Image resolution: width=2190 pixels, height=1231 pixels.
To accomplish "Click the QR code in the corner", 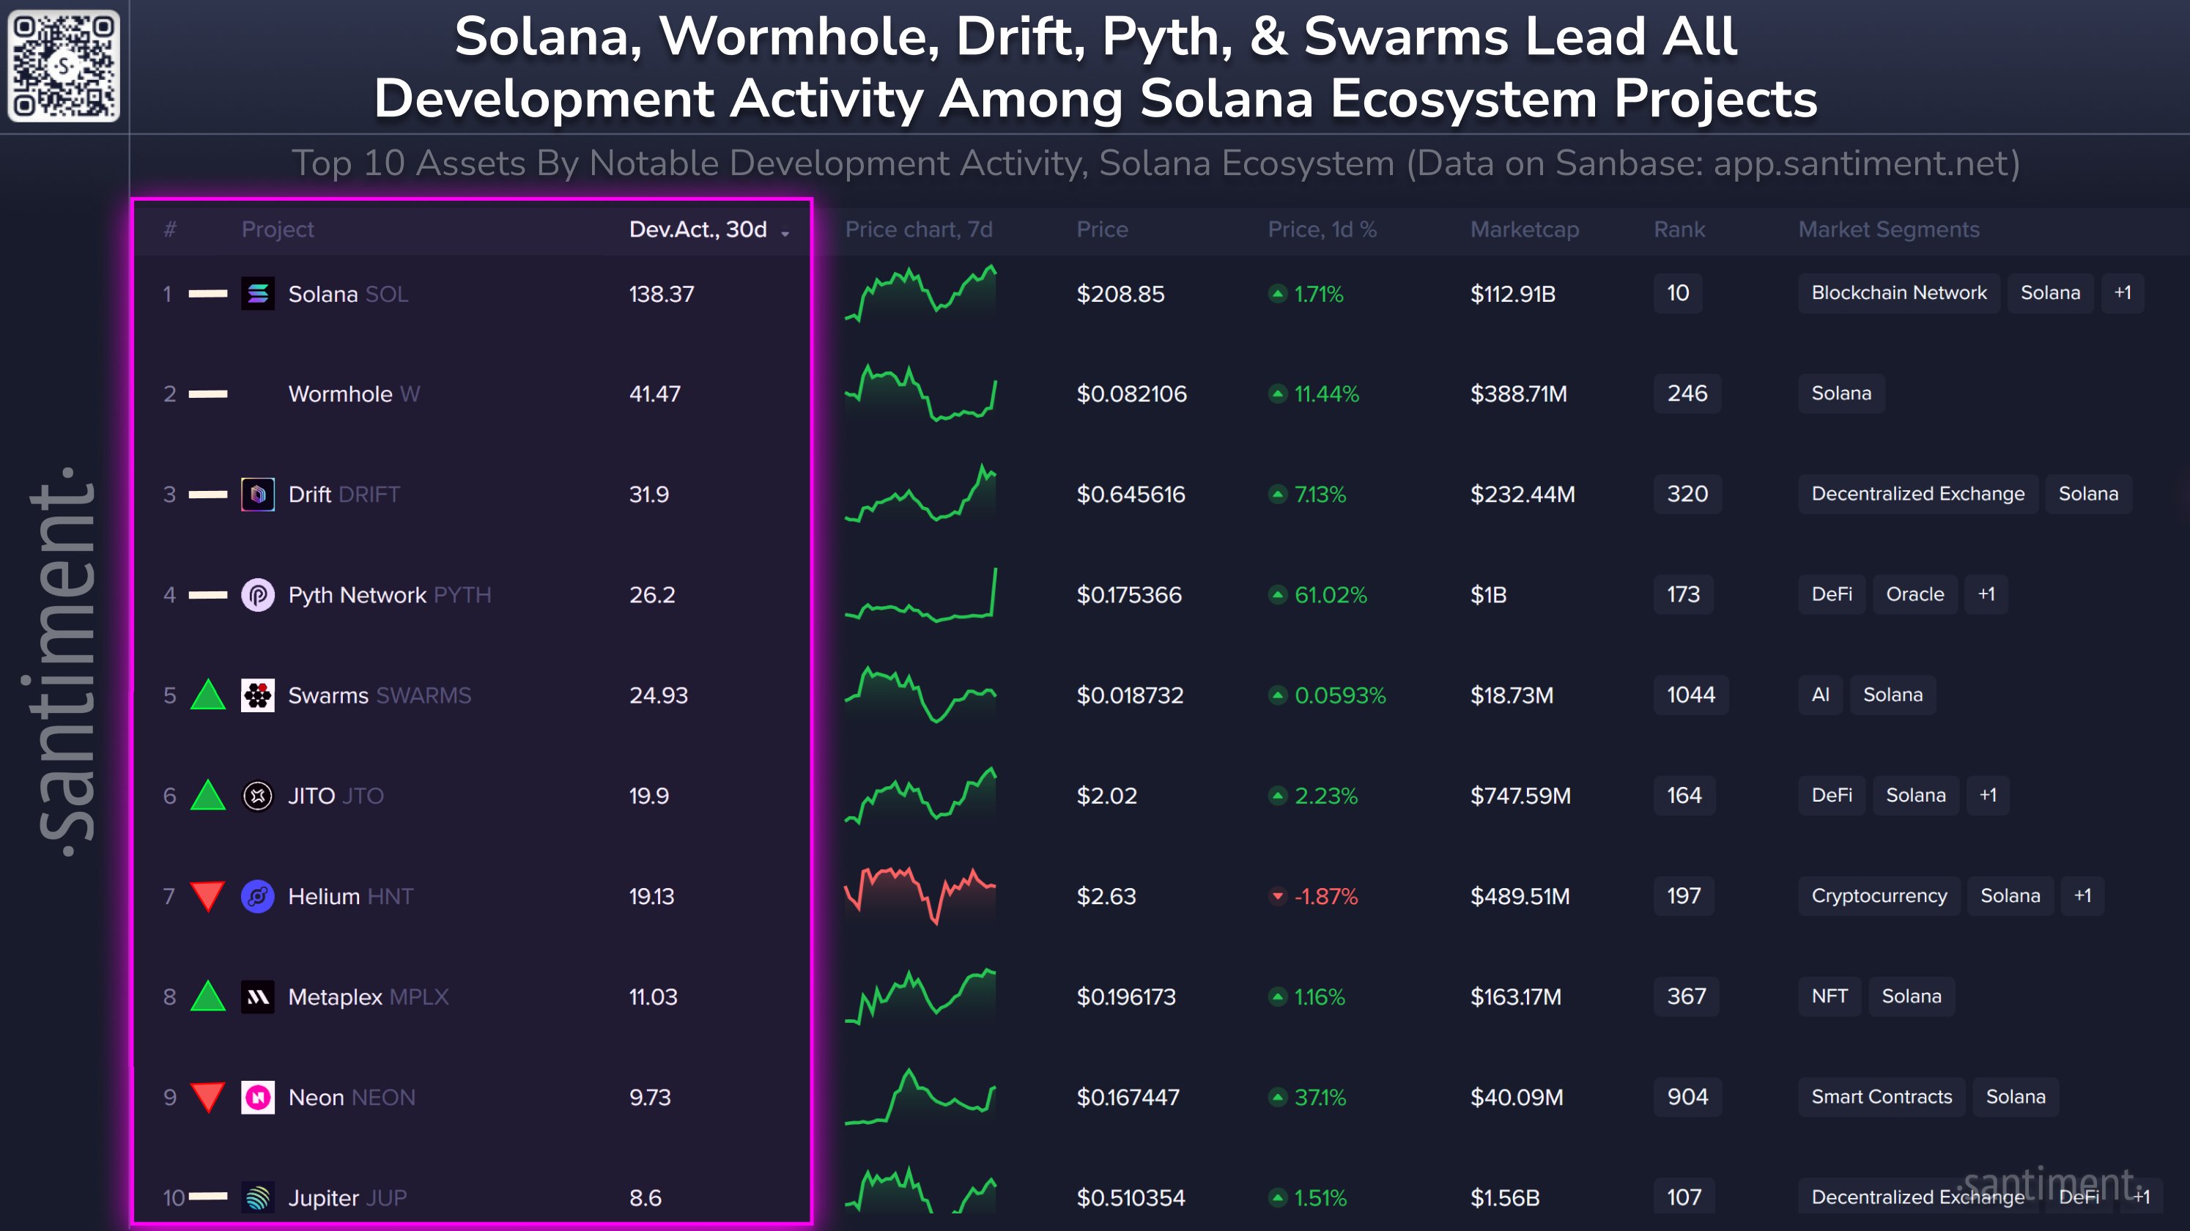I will tap(64, 65).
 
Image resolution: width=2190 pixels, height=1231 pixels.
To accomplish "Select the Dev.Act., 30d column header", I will tap(698, 229).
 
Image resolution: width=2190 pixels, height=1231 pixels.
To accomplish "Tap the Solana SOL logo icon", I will tap(258, 294).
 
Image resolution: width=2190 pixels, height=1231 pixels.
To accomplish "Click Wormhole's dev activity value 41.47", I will tap(654, 394).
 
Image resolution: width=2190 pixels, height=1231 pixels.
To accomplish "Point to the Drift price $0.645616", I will tap(1131, 495).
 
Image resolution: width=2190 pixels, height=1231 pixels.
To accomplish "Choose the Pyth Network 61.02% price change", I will tap(1330, 595).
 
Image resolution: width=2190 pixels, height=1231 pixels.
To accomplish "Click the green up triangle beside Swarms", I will tap(207, 695).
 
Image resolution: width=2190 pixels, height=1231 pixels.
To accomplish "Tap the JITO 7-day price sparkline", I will tap(920, 796).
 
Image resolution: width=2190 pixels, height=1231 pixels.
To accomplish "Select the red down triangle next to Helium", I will tap(207, 896).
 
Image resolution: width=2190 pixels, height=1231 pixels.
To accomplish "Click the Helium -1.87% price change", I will tap(1325, 896).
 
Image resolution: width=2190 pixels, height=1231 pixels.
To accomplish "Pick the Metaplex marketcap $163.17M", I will tap(1516, 997).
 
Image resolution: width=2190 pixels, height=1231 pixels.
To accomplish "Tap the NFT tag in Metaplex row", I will tap(1830, 997).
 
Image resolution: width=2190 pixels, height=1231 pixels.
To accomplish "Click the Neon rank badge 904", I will tap(1687, 1097).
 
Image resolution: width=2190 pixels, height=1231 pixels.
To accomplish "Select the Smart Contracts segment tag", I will tap(1882, 1097).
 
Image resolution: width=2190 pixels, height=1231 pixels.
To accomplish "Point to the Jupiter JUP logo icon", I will tap(258, 1197).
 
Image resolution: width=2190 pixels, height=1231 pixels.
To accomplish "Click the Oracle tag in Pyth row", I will tap(1915, 594).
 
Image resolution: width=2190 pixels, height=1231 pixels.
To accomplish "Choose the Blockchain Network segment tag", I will tap(1898, 293).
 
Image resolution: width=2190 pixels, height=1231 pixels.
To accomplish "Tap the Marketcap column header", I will tap(1524, 229).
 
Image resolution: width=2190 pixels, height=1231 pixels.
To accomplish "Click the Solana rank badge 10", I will tap(1677, 293).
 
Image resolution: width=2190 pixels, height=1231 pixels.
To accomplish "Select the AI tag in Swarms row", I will tap(1820, 695).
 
